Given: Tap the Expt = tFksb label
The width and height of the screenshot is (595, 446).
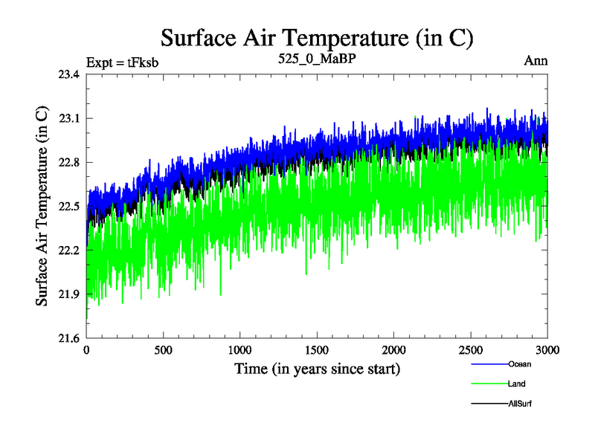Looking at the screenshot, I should coord(122,62).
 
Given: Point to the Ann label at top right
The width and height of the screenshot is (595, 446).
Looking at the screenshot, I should coord(536,61).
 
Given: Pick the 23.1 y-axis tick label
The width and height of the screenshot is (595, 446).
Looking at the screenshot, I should coord(70,118).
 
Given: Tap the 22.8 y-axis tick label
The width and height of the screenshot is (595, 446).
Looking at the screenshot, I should coord(70,162).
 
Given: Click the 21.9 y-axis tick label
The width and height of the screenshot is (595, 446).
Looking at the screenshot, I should coord(70,294).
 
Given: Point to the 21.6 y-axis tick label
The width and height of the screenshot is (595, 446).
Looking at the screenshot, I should coord(70,338).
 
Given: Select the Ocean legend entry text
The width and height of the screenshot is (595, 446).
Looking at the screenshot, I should coord(520,364).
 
